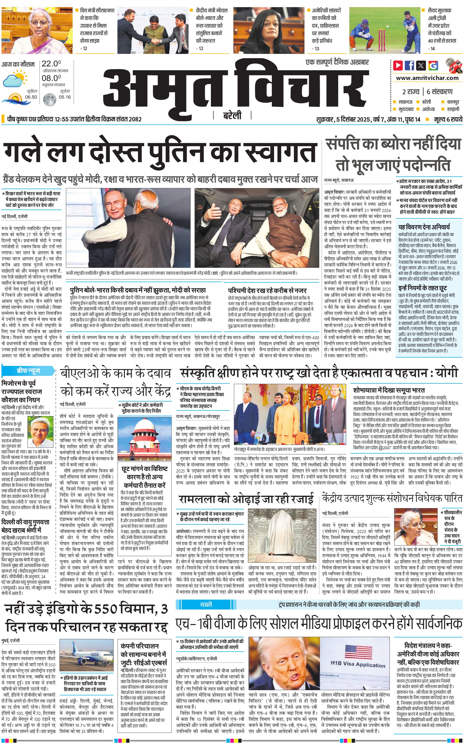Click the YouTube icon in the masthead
398,65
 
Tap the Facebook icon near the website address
409,65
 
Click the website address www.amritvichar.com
427,78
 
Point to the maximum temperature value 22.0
51,64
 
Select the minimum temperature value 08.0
51,78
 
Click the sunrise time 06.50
31,97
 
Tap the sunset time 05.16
65,97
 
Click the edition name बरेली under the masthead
232,115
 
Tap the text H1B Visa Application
358,665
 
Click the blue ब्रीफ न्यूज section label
28,371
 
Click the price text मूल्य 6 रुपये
448,119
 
